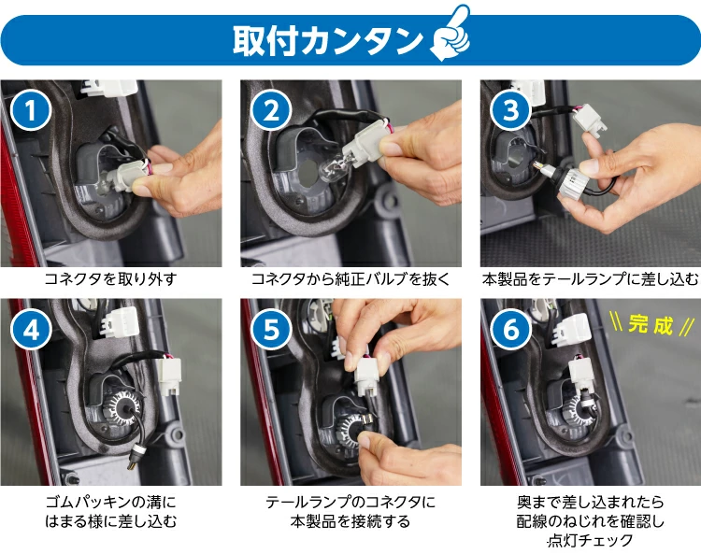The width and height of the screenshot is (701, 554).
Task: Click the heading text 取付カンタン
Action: coord(327,40)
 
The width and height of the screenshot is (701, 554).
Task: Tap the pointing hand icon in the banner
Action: coord(450,36)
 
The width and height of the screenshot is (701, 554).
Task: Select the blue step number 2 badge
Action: coord(272,111)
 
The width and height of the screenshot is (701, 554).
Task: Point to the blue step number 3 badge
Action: coord(510,111)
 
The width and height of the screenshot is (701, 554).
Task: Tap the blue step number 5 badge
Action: coord(272,330)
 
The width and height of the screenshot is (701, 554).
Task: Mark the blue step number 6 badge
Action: coord(510,330)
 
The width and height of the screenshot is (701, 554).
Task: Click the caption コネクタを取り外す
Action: coord(110,278)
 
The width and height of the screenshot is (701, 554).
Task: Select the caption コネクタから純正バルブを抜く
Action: coord(350,278)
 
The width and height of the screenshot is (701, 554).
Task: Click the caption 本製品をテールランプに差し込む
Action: coord(590,278)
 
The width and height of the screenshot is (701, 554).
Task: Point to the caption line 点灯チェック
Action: coord(590,540)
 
